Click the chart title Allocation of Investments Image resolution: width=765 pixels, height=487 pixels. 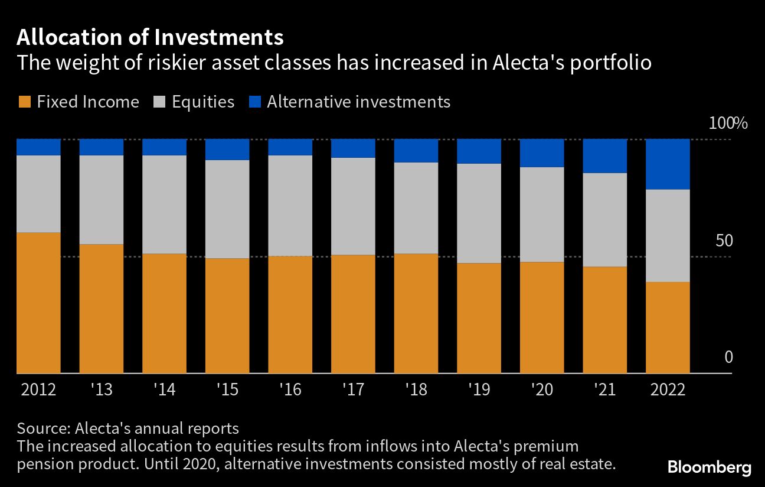(x=150, y=37)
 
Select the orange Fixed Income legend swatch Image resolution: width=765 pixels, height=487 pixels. (x=24, y=102)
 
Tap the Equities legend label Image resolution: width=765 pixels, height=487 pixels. (x=203, y=102)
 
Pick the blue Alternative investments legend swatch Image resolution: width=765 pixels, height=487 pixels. (x=254, y=102)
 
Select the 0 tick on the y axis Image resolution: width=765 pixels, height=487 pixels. (x=728, y=358)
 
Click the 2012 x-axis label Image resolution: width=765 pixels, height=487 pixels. (x=38, y=390)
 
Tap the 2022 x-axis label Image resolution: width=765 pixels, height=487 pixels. (x=667, y=390)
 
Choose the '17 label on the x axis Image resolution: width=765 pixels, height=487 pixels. (x=353, y=390)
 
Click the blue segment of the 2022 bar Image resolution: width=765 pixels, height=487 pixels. (x=668, y=164)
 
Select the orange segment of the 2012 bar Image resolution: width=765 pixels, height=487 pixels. (x=38, y=303)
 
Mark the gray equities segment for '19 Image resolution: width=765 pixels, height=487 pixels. (x=479, y=213)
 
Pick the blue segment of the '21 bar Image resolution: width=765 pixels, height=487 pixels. (x=605, y=156)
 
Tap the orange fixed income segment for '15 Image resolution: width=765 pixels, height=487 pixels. (x=227, y=316)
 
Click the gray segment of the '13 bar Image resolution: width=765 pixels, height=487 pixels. (x=101, y=200)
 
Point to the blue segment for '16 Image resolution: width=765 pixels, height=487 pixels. (x=290, y=147)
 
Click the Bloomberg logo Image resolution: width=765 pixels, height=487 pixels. (x=710, y=468)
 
